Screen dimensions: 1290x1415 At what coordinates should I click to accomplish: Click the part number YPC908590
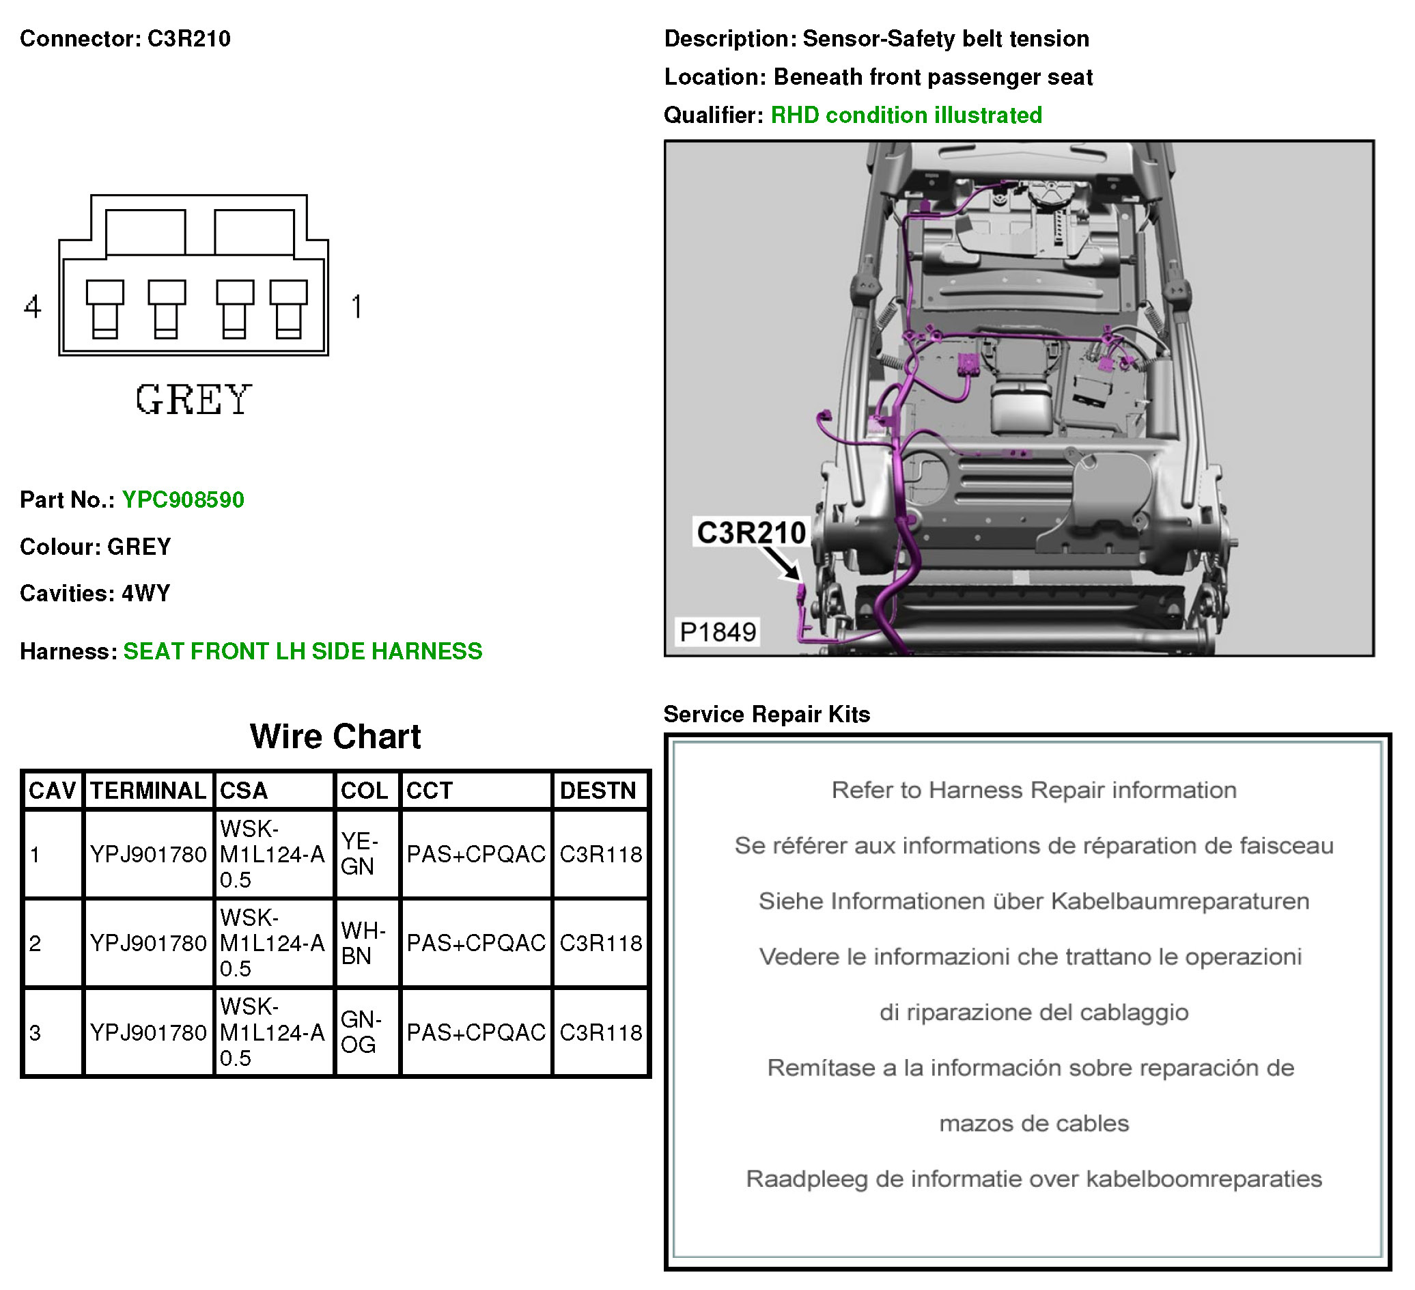[183, 500]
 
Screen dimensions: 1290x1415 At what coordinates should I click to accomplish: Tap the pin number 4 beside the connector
[32, 307]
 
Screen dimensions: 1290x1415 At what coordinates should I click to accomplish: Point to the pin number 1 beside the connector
[356, 307]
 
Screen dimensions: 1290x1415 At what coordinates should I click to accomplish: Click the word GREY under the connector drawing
[193, 400]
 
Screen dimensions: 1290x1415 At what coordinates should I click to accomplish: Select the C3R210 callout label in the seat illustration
[751, 532]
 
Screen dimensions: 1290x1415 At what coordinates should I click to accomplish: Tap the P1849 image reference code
[718, 632]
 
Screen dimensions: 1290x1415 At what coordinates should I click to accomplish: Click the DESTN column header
[598, 791]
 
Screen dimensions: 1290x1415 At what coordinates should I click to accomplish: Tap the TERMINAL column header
[148, 791]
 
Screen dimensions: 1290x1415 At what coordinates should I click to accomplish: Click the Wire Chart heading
[335, 737]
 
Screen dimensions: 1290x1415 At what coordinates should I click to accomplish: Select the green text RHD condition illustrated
[906, 115]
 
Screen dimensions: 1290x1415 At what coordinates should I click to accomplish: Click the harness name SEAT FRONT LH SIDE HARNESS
[303, 652]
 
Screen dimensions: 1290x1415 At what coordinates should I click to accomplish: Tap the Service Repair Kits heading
[766, 714]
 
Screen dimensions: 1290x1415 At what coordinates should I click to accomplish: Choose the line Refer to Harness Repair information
[1033, 790]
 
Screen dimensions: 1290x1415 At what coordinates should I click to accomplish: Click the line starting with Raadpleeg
[1033, 1179]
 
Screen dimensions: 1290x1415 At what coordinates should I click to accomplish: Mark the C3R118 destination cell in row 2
[601, 943]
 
